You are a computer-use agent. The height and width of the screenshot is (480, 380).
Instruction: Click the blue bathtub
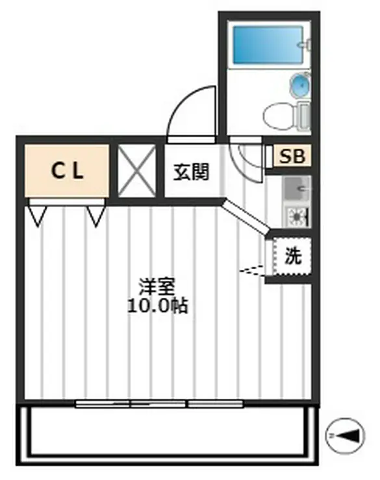pyautogui.click(x=268, y=45)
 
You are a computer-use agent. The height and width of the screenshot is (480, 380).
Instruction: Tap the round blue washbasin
pyautogui.click(x=299, y=86)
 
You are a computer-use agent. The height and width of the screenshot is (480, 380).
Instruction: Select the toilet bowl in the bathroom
pyautogui.click(x=279, y=116)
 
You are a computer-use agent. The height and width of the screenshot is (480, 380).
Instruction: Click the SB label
pyautogui.click(x=292, y=156)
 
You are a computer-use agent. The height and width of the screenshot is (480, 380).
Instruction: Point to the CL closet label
pyautogui.click(x=67, y=171)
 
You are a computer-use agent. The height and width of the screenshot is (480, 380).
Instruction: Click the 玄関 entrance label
pyautogui.click(x=192, y=172)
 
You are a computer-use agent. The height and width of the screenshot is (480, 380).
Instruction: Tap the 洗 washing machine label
pyautogui.click(x=293, y=256)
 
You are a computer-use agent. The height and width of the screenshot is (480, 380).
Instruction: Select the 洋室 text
pyautogui.click(x=157, y=287)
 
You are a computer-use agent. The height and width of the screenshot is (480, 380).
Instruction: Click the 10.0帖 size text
pyautogui.click(x=157, y=306)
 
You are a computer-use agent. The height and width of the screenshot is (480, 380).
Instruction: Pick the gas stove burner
pyautogui.click(x=297, y=217)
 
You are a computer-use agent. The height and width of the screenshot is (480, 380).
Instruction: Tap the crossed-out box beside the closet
pyautogui.click(x=136, y=171)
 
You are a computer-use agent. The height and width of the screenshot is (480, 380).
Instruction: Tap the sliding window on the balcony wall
pyautogui.click(x=159, y=403)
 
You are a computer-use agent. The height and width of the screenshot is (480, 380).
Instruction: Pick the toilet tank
pyautogui.click(x=303, y=117)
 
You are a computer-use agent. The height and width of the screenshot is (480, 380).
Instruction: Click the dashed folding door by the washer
pyautogui.click(x=252, y=270)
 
